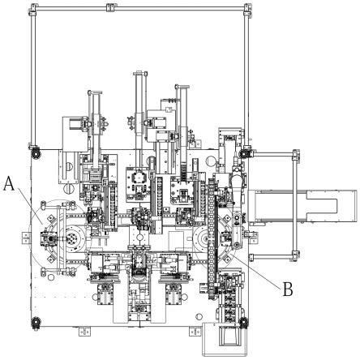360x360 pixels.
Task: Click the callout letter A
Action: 10,183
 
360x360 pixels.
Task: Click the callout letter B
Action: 288,289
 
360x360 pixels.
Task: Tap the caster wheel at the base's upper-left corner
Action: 36,154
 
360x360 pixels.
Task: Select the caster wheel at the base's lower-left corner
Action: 36,322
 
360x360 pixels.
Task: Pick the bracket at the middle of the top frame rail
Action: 110,7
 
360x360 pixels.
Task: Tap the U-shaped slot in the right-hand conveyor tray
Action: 322,205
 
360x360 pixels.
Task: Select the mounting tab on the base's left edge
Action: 26,238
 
